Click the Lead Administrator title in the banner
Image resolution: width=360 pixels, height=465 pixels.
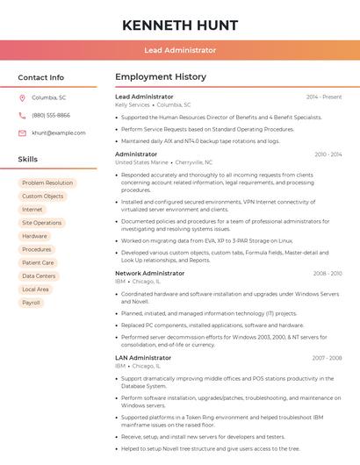[180, 50]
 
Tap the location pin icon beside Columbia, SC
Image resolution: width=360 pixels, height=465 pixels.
[22, 97]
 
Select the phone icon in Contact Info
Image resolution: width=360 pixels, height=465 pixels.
[22, 115]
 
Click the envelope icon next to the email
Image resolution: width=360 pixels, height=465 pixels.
[22, 132]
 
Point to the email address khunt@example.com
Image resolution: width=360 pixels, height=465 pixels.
[59, 132]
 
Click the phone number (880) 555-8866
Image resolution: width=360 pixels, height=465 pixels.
[51, 115]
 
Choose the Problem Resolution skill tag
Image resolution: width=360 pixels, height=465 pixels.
[47, 182]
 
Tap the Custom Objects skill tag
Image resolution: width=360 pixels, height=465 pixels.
[43, 197]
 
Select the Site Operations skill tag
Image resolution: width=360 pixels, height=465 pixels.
[42, 223]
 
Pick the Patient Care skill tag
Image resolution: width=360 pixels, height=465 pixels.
[38, 262]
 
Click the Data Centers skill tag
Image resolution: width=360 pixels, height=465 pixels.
[39, 275]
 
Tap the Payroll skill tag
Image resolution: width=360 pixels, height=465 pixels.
[32, 303]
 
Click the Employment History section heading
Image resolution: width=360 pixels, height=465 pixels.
[161, 77]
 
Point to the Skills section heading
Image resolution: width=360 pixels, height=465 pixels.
[28, 160]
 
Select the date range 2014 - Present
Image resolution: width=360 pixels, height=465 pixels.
[324, 97]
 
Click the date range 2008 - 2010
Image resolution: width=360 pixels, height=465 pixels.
[328, 273]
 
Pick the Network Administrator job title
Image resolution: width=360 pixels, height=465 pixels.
[150, 273]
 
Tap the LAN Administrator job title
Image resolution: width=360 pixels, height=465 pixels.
[143, 357]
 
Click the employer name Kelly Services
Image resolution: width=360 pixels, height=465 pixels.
[133, 104]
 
